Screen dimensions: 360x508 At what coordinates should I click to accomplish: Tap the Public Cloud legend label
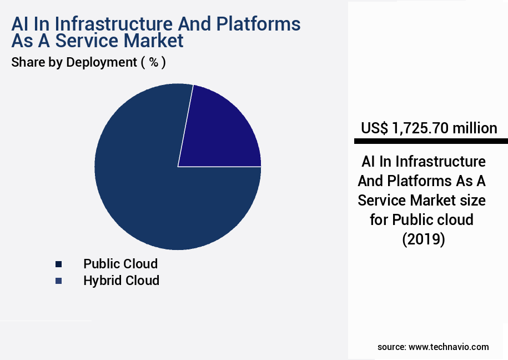pos(120,263)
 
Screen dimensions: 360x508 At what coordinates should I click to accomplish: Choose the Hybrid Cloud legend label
pos(121,281)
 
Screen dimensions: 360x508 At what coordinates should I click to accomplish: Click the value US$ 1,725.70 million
pos(429,128)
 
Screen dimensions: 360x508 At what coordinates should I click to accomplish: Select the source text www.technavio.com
pos(449,347)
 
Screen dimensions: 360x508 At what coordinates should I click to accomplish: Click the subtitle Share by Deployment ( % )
pos(88,62)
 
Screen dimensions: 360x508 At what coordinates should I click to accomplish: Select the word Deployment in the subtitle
pos(101,62)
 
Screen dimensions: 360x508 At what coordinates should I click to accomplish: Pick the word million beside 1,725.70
pos(474,128)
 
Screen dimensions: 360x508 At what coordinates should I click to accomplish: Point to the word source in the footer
pos(391,347)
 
